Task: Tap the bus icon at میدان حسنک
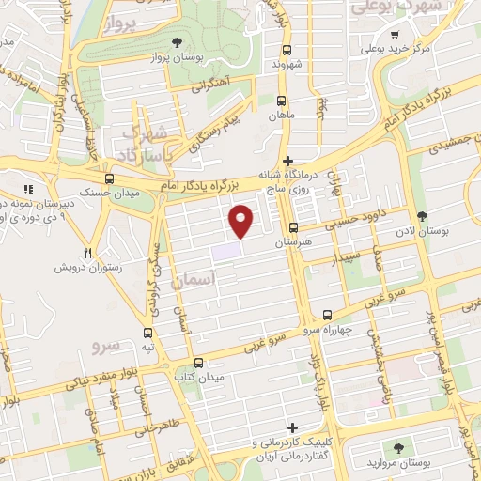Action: pos(110,178)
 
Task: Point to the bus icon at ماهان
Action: pos(283,100)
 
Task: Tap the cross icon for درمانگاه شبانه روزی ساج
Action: pos(288,161)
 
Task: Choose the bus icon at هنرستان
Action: pos(294,227)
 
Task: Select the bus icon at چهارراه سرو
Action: pos(327,315)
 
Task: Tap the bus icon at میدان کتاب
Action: pos(198,363)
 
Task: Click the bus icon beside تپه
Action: pos(147,333)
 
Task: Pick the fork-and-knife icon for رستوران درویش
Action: pos(88,252)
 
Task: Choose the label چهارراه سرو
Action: pos(324,331)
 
